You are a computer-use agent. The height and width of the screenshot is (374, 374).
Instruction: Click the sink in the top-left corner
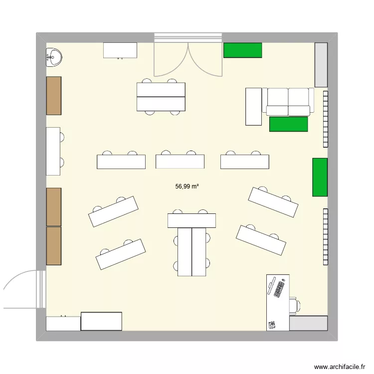(x=53, y=58)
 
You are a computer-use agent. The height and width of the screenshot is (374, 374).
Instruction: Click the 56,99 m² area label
(x=187, y=187)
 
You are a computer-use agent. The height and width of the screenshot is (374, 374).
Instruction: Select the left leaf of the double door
(x=171, y=60)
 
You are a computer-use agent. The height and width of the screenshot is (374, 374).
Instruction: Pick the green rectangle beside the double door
(x=242, y=50)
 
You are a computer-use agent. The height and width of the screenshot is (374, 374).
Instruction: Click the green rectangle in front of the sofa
(x=288, y=124)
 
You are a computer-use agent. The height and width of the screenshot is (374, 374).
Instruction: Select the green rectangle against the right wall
(x=320, y=177)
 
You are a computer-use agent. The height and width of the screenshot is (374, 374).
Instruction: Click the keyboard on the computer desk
(x=277, y=289)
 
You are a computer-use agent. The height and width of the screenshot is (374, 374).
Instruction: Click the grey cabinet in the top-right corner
(x=321, y=64)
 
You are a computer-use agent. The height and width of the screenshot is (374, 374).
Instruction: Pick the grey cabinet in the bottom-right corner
(x=308, y=323)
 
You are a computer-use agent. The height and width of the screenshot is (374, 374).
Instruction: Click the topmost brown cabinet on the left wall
(x=54, y=96)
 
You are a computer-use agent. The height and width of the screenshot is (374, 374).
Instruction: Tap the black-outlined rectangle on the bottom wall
(x=102, y=321)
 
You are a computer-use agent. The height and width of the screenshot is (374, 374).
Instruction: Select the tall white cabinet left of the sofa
(x=253, y=106)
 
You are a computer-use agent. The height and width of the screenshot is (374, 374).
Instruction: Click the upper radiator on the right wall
(x=325, y=119)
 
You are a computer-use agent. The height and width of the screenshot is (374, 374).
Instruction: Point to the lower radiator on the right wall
(x=325, y=236)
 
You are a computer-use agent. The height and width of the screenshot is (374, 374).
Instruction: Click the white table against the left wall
(x=53, y=151)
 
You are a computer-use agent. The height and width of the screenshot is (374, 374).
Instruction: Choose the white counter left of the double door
(x=120, y=50)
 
